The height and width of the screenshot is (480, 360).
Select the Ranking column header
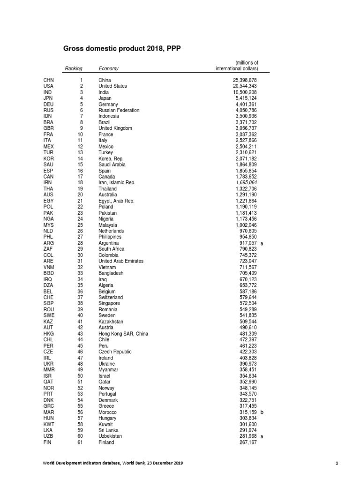coord(74,68)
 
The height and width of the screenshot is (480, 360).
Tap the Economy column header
coord(108,68)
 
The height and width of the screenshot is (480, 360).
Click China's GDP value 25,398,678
coord(242,80)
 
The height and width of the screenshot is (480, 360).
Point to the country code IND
coord(48,92)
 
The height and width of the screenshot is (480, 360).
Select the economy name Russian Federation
coord(119,110)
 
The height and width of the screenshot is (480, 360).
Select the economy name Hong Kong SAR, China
coord(123,333)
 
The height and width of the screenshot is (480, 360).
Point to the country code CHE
coord(49,297)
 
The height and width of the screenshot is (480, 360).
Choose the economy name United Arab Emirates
coord(121,261)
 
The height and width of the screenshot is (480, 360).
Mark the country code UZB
coord(49,436)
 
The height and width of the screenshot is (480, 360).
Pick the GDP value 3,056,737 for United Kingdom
coord(242,128)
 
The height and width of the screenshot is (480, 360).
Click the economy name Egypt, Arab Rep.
coord(116,201)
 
